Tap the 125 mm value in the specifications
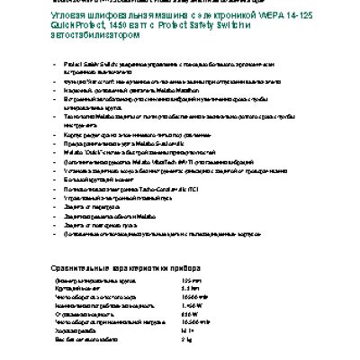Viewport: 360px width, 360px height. pos(188,282)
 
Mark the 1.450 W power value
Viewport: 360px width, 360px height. pos(191,308)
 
